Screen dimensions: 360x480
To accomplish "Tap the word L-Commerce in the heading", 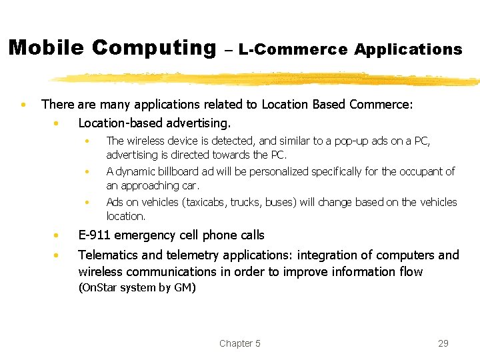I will (293, 49).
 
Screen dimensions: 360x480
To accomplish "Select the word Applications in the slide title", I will (408, 49).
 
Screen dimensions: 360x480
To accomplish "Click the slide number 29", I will (443, 343).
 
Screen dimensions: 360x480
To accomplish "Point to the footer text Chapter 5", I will (240, 343).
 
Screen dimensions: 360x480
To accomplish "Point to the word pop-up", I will (333, 141).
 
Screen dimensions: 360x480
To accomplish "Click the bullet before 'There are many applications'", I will (23, 105).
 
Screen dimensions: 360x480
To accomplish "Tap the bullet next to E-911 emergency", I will (59, 235).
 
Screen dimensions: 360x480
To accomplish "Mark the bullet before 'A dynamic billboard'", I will (87, 172).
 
